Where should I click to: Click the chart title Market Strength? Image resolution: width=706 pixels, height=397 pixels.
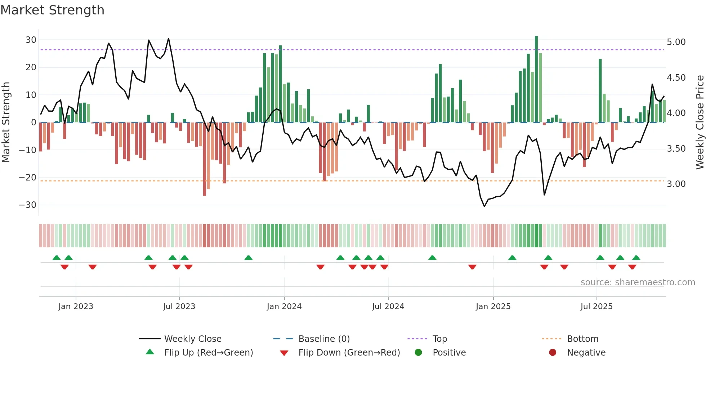[x=53, y=10]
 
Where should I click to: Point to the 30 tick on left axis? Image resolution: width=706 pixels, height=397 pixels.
[x=31, y=40]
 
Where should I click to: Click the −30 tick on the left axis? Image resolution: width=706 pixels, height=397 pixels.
[x=28, y=205]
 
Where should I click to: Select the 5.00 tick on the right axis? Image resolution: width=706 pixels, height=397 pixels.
[x=676, y=42]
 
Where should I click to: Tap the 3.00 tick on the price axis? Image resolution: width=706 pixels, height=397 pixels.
[x=676, y=184]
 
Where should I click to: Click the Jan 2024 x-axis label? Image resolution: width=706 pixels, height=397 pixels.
[x=284, y=307]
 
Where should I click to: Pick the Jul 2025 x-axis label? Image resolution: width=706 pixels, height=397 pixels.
[x=596, y=307]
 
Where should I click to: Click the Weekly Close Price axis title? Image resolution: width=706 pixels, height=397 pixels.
[x=700, y=122]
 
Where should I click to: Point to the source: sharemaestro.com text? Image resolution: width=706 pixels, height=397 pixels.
[x=638, y=282]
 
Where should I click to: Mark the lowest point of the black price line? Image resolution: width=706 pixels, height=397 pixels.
[x=484, y=206]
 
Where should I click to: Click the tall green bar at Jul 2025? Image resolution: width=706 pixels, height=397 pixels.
[x=600, y=90]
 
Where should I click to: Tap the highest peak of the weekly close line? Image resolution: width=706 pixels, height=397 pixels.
[x=169, y=39]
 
